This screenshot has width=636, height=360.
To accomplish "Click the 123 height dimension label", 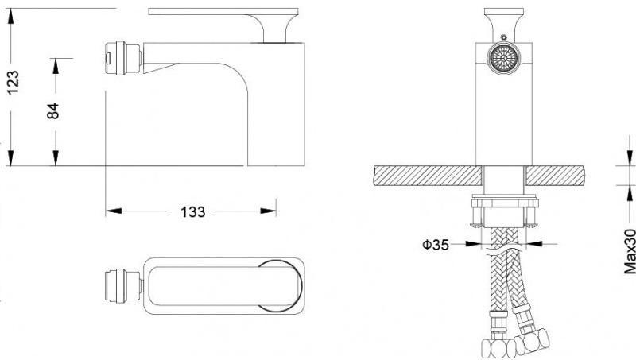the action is (x=13, y=83).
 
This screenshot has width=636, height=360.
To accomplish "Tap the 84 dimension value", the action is (x=53, y=111).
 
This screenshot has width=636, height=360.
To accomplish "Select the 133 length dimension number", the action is (x=192, y=211).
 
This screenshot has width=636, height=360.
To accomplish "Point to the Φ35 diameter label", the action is (x=436, y=245).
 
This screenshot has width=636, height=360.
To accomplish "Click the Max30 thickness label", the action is (x=630, y=251).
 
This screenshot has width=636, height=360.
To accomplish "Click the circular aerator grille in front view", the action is (x=503, y=59).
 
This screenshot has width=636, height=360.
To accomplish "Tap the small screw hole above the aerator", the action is (x=504, y=37).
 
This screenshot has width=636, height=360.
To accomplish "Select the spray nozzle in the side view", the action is (x=124, y=58).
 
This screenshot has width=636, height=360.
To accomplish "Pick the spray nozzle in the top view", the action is (x=124, y=285).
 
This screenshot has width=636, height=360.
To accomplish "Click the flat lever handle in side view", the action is (x=223, y=12).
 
